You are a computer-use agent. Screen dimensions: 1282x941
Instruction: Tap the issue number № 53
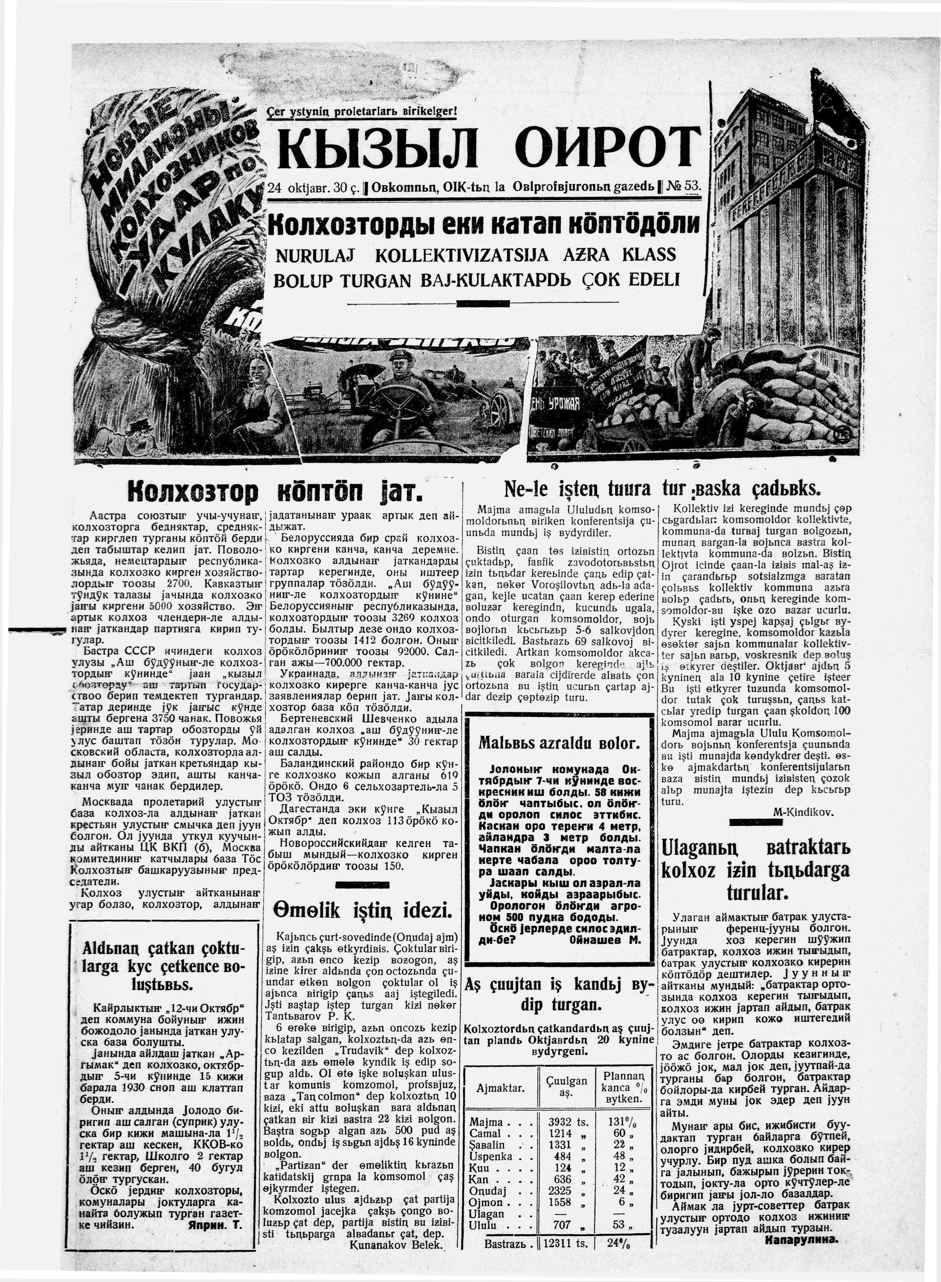(x=684, y=187)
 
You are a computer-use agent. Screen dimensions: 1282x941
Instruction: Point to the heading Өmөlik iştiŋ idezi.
(x=363, y=911)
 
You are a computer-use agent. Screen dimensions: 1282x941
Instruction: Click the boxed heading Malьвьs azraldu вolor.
(x=559, y=743)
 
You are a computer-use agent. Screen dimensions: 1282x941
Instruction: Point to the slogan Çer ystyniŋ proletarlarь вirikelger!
(x=362, y=111)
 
